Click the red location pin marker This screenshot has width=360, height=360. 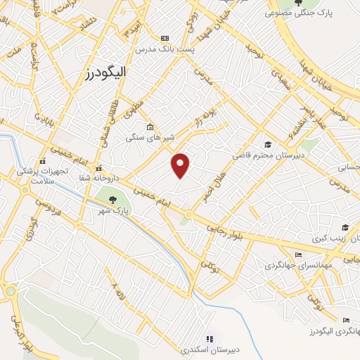pos(181,165)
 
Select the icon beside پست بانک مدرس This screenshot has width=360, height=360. pos(165,38)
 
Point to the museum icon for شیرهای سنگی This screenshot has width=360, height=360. pos(150,127)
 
